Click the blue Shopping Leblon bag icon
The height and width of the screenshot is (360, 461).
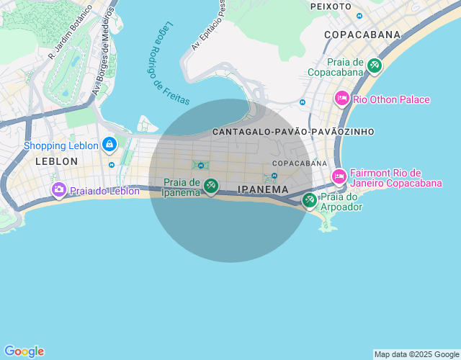point(109,144)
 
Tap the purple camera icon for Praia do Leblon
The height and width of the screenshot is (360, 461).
point(59,189)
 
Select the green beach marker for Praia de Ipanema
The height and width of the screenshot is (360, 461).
point(210,186)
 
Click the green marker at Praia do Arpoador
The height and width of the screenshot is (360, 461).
point(310,200)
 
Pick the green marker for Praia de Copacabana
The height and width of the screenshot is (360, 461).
point(374,66)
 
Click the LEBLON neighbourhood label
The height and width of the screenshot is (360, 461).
point(56,161)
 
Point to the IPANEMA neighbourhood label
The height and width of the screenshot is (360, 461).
point(262,189)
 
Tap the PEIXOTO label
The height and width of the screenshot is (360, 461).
point(331,6)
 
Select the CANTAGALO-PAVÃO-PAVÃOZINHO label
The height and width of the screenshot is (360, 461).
point(293,132)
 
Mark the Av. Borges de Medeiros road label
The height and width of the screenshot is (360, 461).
point(104,52)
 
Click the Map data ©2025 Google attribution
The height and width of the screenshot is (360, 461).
point(416,354)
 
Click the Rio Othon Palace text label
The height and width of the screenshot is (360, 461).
point(392,99)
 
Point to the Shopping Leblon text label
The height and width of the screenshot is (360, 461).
point(61,145)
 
